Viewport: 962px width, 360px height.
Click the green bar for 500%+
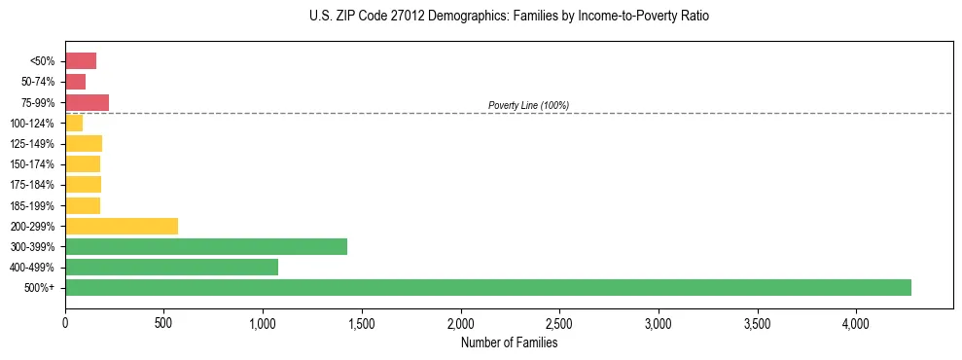(x=488, y=287)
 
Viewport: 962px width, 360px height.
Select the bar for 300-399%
(x=206, y=246)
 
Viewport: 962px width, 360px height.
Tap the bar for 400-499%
(x=171, y=267)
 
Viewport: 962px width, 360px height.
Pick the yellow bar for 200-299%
(x=122, y=226)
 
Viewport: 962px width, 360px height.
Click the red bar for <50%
(x=81, y=61)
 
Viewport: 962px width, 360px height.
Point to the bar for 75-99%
(x=87, y=102)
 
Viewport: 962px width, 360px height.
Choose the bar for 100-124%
(x=74, y=123)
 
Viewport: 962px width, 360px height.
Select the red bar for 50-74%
(x=75, y=82)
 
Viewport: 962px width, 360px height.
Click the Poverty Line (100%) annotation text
(x=528, y=105)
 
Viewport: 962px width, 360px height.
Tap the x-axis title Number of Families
(x=509, y=342)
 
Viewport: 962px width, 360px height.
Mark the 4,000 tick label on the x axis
(x=856, y=321)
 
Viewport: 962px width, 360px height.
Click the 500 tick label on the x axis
(x=164, y=321)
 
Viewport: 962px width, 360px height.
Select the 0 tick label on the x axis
(x=65, y=321)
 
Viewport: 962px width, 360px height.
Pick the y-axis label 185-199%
(x=32, y=205)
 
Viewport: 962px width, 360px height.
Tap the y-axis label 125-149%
(x=32, y=144)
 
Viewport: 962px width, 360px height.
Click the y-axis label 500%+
(x=39, y=288)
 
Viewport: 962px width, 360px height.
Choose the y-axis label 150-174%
(x=32, y=164)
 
